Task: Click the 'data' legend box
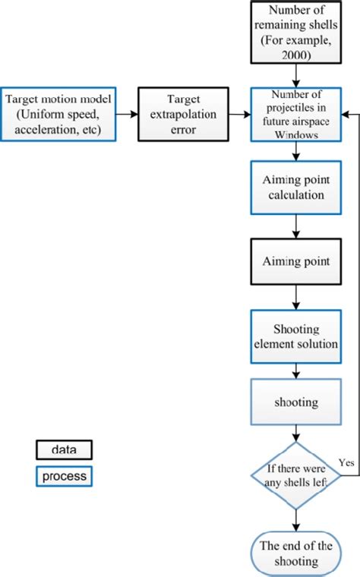point(65,449)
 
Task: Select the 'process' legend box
point(65,476)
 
